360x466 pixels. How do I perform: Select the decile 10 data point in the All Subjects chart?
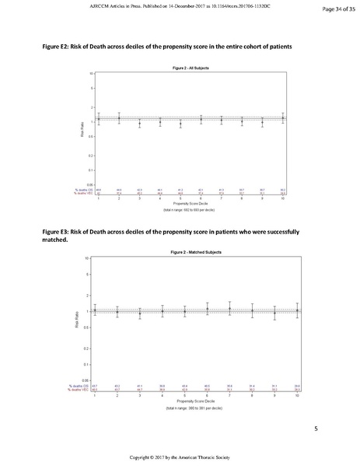(x=283, y=119)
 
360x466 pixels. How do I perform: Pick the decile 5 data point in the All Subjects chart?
(x=180, y=123)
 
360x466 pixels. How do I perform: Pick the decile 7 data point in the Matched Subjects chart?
(x=229, y=309)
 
